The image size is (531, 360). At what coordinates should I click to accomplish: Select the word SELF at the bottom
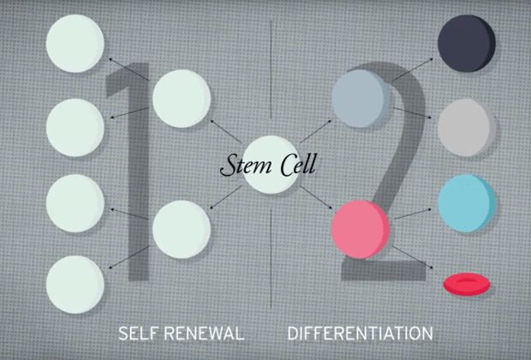click(138, 332)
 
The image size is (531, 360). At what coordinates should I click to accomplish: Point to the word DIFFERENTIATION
click(360, 332)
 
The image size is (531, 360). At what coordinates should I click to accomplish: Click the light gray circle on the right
click(466, 127)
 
